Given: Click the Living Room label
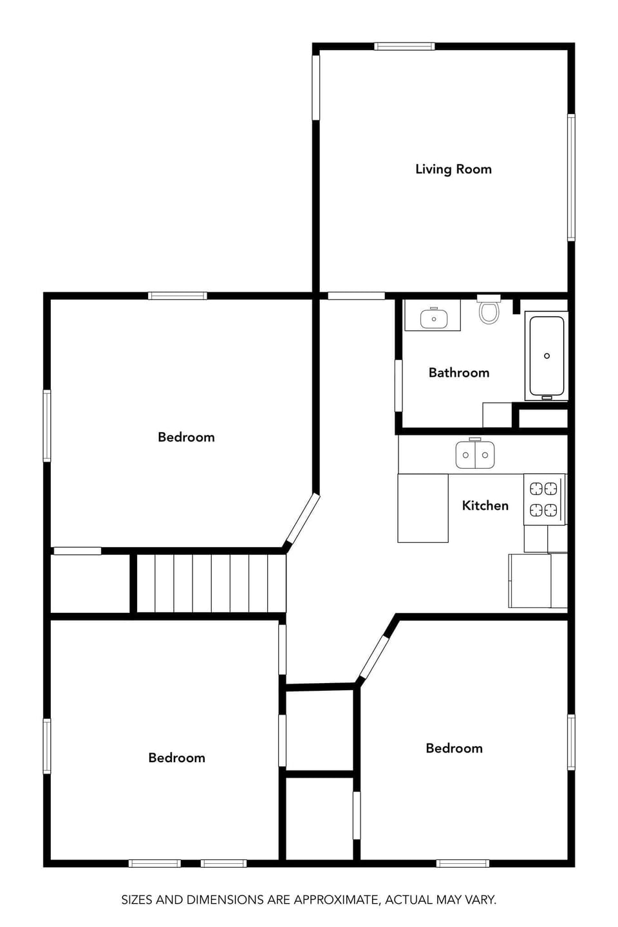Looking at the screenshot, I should click(453, 169).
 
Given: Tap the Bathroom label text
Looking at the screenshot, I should click(458, 373).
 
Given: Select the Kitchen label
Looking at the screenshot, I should click(485, 506).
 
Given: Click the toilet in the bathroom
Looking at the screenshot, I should click(489, 311).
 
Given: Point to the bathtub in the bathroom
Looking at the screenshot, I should click(547, 356).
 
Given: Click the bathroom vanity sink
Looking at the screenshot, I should click(433, 318).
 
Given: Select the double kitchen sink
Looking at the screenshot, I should click(475, 454).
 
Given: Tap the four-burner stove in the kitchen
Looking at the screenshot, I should click(544, 500).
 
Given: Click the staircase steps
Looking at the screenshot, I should click(211, 583).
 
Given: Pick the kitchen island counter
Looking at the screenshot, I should click(423, 508).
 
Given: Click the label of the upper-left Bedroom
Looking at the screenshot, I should click(186, 437).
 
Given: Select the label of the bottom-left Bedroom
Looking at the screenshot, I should click(176, 758).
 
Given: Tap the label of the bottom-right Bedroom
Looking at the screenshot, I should click(454, 748).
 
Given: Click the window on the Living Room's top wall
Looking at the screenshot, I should click(404, 46).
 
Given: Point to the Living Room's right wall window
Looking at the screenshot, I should click(570, 177).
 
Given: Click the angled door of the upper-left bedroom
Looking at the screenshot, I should click(303, 520).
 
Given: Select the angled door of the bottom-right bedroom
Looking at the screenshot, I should click(374, 658).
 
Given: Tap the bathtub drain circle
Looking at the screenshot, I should click(547, 356).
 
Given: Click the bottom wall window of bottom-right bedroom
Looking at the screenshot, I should click(462, 863).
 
